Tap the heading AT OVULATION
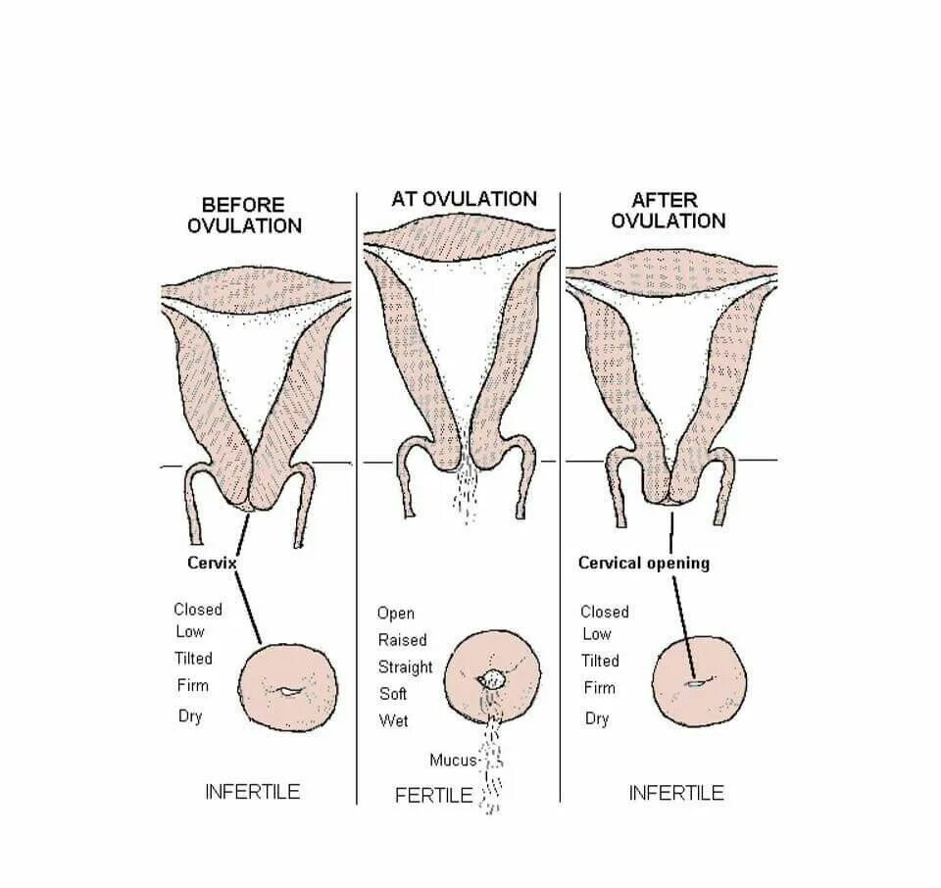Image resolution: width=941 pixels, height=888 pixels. [464, 199]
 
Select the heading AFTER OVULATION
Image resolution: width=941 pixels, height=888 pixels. [668, 210]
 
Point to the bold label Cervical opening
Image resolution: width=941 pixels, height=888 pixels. [643, 563]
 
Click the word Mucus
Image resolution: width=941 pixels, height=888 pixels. [452, 760]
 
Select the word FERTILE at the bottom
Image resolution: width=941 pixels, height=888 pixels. [433, 795]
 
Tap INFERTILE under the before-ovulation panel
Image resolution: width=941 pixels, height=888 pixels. [252, 791]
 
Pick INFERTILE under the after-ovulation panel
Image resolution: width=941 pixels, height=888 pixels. [676, 792]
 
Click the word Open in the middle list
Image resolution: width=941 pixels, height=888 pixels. [395, 614]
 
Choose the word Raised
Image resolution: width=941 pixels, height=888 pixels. [402, 640]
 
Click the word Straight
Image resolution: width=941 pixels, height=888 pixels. [405, 667]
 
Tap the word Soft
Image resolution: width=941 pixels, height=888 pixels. [392, 694]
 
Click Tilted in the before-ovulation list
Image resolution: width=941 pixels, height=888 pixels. [192, 659]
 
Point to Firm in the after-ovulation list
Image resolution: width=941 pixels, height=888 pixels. [599, 687]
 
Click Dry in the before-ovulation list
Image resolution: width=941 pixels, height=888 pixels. [189, 715]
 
